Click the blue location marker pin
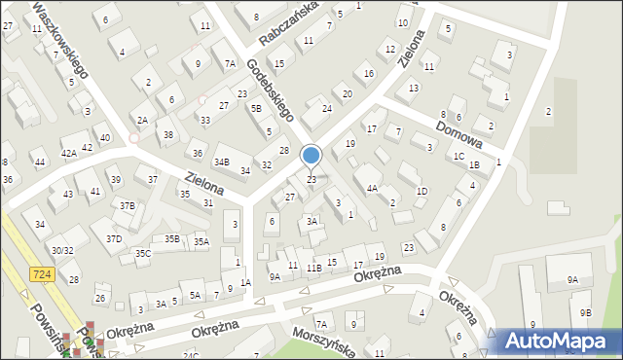(311, 157)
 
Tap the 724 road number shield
(41, 275)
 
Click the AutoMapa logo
(558, 341)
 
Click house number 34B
(222, 162)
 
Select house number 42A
(69, 153)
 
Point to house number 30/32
(62, 250)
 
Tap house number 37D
(114, 238)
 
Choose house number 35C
(143, 253)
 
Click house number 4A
(372, 188)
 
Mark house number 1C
(458, 156)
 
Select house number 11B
(313, 268)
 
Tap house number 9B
(585, 312)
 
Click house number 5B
(256, 108)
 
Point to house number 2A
(142, 120)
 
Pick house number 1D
(421, 191)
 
